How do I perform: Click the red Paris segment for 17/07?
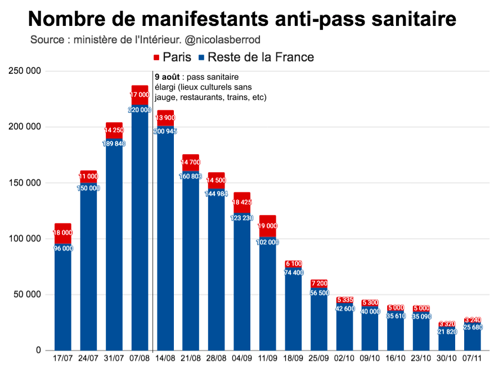point(63,233)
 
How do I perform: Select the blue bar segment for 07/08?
point(140,231)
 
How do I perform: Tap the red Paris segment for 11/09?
point(268,226)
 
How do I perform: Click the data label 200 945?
point(165,131)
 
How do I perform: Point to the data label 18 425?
point(242,201)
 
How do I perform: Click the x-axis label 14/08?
point(165,358)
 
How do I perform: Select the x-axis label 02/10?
point(345,358)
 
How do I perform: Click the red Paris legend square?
point(156,57)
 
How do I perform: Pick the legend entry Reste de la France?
point(261,57)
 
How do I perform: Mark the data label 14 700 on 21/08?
point(191,163)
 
